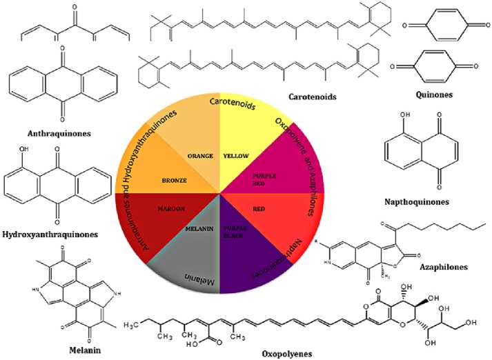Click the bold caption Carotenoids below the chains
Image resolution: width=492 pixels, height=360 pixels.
click(313, 97)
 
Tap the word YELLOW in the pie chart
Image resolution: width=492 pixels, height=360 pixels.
click(236, 156)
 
